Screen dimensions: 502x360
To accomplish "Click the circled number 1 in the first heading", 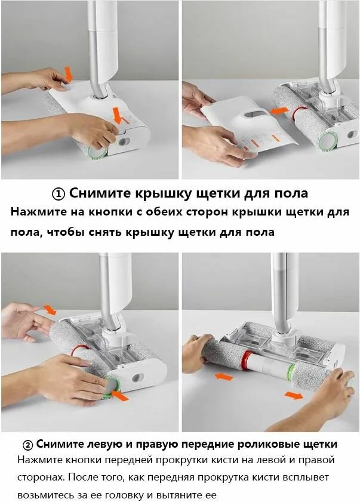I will (x=58, y=193).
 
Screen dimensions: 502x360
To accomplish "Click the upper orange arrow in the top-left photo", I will (x=68, y=74).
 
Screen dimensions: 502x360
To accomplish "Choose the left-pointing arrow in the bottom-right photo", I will (x=224, y=377).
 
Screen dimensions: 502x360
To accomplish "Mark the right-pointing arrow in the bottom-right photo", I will (x=294, y=395).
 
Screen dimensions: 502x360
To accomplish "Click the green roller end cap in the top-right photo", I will (x=327, y=141).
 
